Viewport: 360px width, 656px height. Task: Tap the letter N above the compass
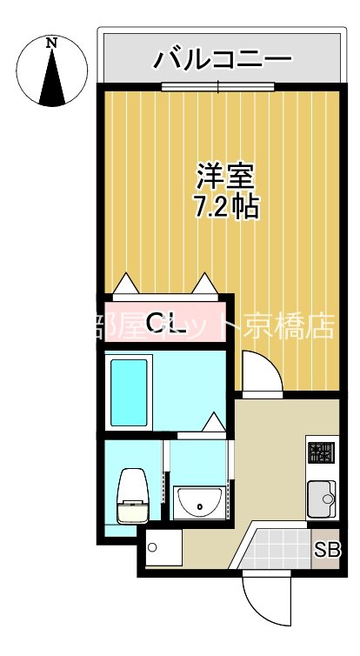52,42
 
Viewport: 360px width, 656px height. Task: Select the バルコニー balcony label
222,61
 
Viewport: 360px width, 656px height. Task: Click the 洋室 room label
225,177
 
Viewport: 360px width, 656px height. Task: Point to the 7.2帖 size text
225,208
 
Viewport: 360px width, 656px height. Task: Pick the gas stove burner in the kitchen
322,452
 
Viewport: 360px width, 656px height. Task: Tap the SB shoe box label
327,551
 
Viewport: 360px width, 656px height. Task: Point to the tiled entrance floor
278,548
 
